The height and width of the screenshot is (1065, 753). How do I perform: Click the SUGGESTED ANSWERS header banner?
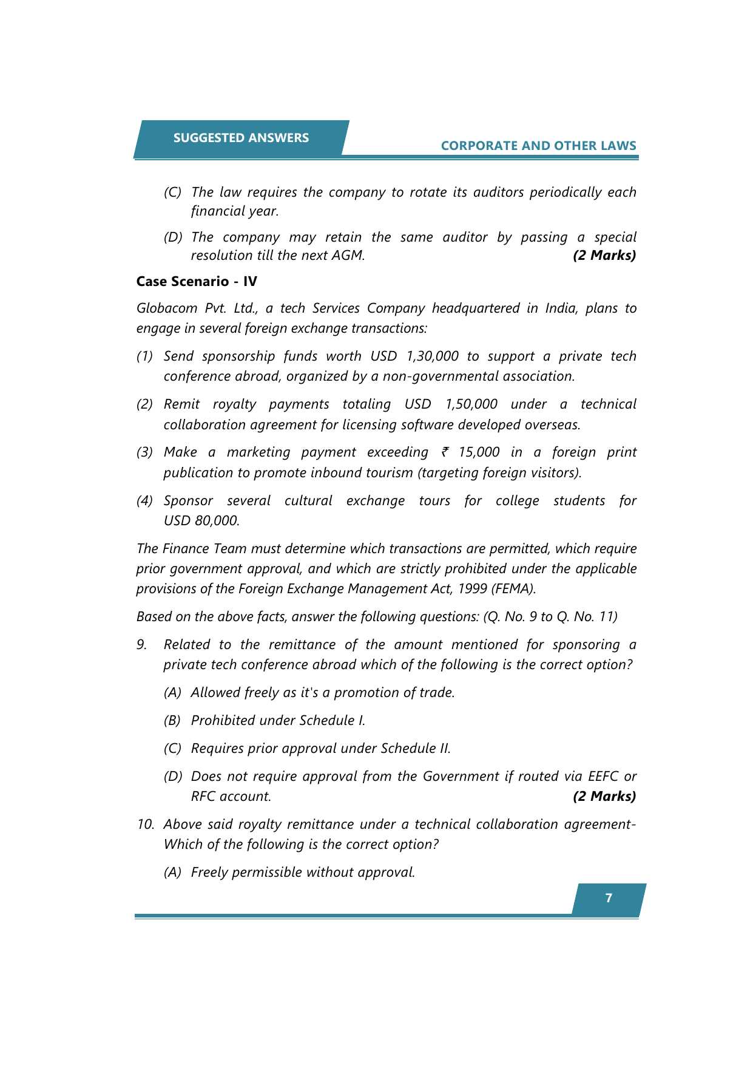tap(241, 138)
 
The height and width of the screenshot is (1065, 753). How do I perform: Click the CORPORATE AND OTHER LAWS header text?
tap(538, 146)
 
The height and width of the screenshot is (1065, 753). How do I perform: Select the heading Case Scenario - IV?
tap(197, 281)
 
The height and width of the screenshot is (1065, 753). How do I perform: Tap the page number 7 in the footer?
tap(609, 898)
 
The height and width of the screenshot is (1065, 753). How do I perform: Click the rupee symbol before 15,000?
tap(445, 452)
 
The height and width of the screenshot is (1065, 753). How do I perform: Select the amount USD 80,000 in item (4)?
tap(201, 520)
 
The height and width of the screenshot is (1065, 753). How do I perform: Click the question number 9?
tap(141, 644)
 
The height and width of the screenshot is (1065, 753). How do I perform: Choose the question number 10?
tap(144, 824)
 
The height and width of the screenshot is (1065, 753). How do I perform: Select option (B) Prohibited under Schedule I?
tap(278, 720)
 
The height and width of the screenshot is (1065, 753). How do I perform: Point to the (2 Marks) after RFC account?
tap(604, 796)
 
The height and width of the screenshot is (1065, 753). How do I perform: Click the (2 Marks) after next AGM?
tap(604, 255)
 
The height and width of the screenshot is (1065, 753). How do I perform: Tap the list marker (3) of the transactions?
tap(144, 452)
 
